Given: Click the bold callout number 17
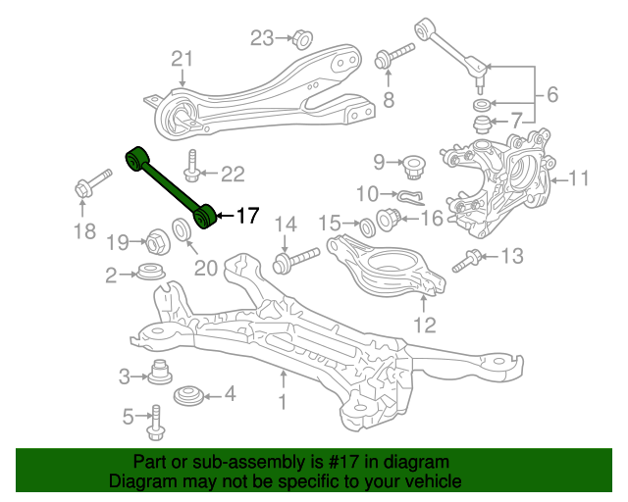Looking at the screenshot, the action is [x=248, y=216].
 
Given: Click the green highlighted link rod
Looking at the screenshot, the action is [x=171, y=187].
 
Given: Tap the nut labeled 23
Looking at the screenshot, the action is [x=302, y=39].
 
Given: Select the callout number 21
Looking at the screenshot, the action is [x=183, y=59].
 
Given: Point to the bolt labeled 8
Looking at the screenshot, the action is [x=393, y=57].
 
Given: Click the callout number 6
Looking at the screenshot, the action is [x=552, y=94].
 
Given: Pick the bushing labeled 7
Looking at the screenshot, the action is [x=482, y=125].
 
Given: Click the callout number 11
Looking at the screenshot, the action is [x=579, y=178].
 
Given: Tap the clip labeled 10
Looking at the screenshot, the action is [x=411, y=197].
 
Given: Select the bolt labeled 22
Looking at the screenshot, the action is [x=192, y=166].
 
